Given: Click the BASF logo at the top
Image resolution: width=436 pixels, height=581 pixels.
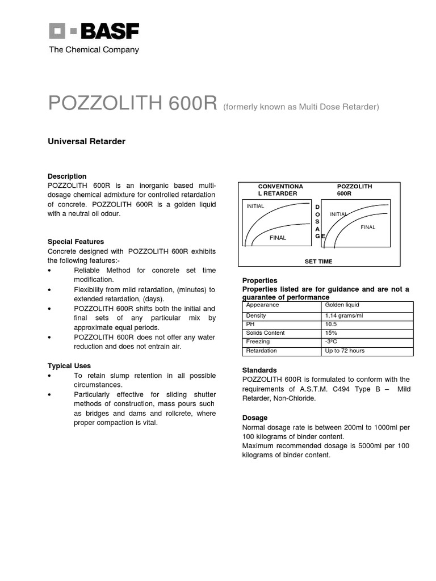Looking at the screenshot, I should tap(94, 32).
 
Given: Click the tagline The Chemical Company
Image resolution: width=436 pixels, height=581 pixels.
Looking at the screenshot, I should tap(94, 50).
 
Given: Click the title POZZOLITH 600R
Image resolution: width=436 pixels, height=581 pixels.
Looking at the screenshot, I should tap(133, 103).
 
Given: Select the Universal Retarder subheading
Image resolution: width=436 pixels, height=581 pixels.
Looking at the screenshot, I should tap(86, 141).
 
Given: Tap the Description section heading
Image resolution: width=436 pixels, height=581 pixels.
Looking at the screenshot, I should tap(67, 176).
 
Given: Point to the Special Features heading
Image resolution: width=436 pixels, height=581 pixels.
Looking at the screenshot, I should tap(76, 242).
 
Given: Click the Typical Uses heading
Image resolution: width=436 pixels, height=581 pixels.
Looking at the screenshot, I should tap(69, 366).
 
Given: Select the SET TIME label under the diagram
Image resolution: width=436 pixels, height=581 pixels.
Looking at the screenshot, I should tap(318, 262).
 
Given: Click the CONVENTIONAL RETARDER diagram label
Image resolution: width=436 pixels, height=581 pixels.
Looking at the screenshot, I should tap(280, 190).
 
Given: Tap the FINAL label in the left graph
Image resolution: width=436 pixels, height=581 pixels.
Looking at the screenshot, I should tap(278, 238).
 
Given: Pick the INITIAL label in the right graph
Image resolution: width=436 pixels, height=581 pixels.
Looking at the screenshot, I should tap(338, 214).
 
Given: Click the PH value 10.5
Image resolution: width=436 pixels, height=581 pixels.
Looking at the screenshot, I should tap(331, 324).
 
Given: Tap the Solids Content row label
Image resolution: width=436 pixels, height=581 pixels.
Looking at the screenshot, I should tap(265, 333).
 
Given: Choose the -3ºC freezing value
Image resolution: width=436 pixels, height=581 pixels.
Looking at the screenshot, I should tap(332, 342).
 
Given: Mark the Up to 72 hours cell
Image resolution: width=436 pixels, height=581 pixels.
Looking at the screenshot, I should tap(345, 351).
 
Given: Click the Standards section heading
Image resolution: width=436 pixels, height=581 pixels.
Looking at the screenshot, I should tap(259, 370).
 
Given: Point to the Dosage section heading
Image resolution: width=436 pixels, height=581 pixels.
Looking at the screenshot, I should tap(255, 418).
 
